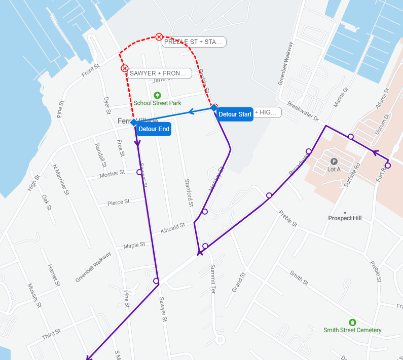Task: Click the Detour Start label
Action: coord(235,114)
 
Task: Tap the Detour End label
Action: coord(154,129)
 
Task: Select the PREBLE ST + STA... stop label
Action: coord(194,42)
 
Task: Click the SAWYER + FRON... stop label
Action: coord(158,73)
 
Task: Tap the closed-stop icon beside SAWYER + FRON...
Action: coord(124,68)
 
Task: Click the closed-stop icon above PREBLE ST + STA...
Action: coord(159,36)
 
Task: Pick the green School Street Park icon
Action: coord(157,95)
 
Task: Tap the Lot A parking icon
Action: coord(334,161)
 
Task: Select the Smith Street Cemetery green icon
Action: coord(352,322)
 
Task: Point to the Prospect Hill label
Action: coord(345,218)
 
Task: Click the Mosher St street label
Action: coord(112,174)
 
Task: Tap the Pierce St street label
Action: coord(119,202)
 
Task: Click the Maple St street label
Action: coord(134,245)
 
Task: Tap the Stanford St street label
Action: coord(189,193)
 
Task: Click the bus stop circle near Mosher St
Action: coord(139,172)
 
